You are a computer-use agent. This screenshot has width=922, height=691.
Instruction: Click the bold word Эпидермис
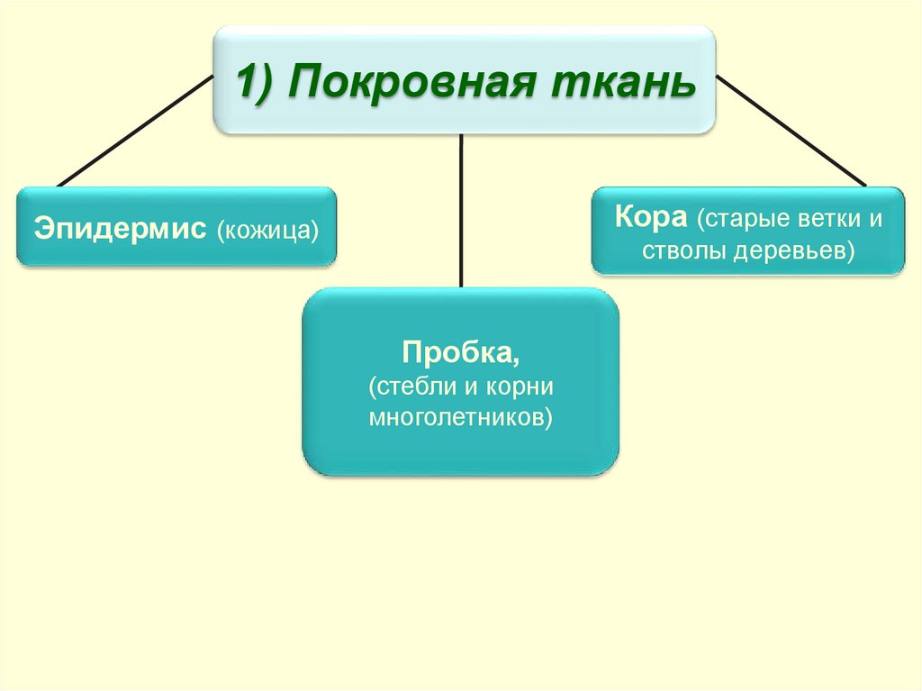click(119, 227)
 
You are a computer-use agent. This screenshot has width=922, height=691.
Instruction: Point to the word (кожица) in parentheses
click(267, 228)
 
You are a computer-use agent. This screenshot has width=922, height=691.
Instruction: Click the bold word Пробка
click(459, 350)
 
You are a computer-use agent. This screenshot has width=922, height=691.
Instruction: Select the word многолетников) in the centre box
click(460, 417)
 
